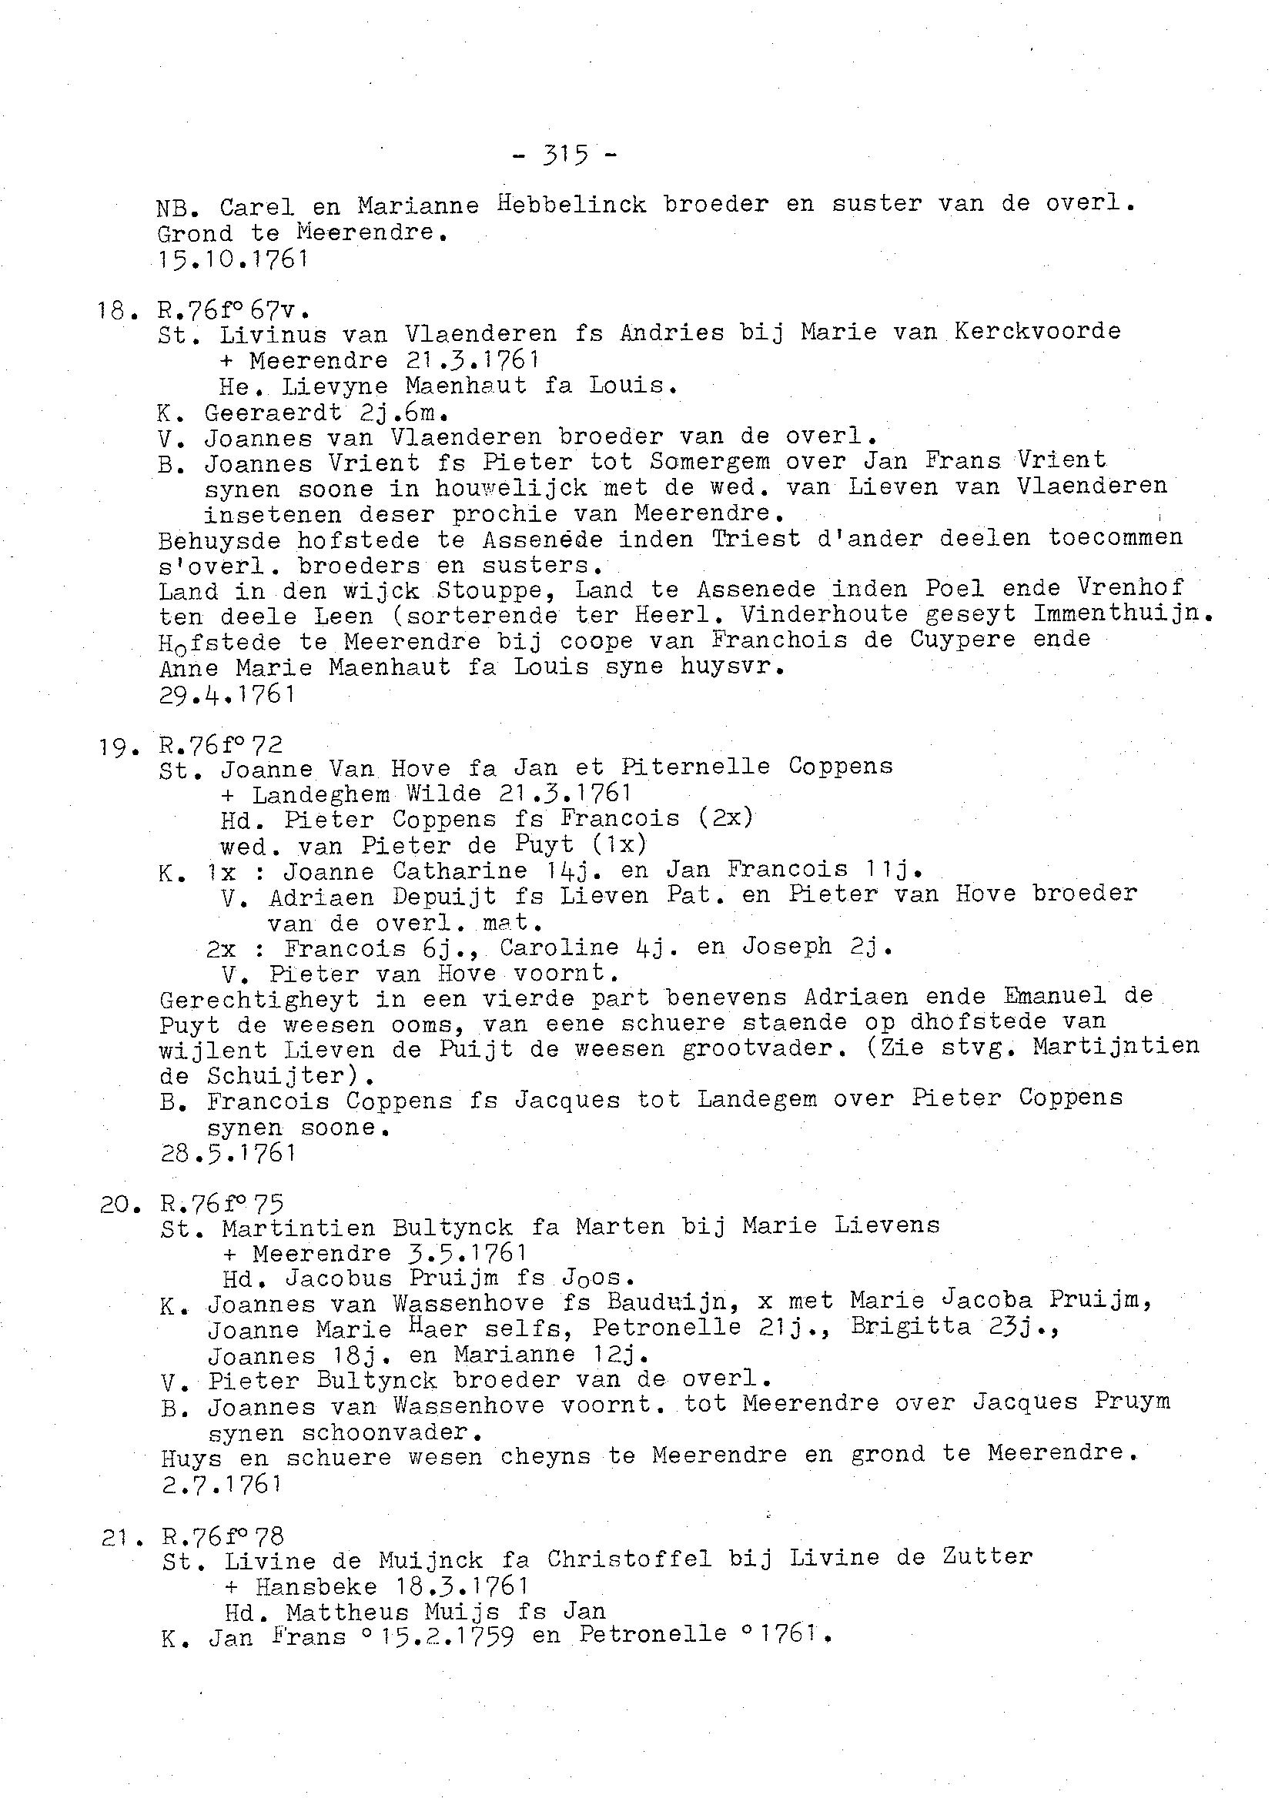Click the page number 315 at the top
point(564,155)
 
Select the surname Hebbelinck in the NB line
point(571,205)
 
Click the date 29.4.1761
point(227,693)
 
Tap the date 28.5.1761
point(229,1153)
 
